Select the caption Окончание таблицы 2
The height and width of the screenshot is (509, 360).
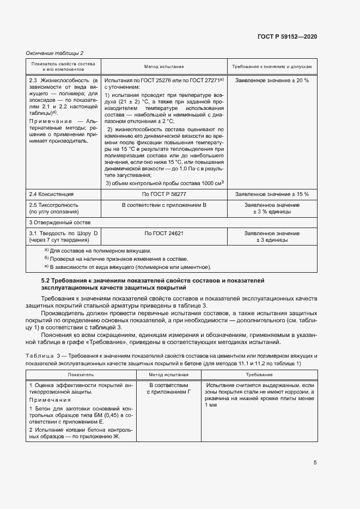pos(54,53)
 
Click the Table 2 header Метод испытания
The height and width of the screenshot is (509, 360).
pos(163,66)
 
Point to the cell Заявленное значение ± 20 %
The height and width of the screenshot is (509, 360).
pos(272,80)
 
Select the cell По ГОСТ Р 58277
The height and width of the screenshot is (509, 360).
pos(163,194)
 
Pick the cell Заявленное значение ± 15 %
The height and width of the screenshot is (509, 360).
pos(272,194)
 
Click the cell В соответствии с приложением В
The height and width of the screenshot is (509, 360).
pos(163,205)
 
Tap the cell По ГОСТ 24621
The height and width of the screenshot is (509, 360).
pos(163,233)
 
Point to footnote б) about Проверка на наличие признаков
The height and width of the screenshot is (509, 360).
pos(117,259)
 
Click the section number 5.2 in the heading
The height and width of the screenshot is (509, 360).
pos(46,280)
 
